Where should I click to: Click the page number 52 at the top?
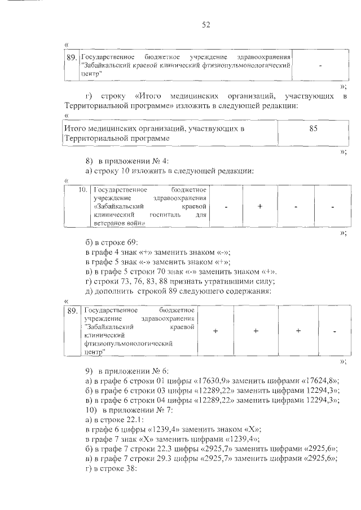coord(206,24)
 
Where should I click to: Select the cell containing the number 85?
coord(314,128)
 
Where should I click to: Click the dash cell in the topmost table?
coord(320,65)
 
